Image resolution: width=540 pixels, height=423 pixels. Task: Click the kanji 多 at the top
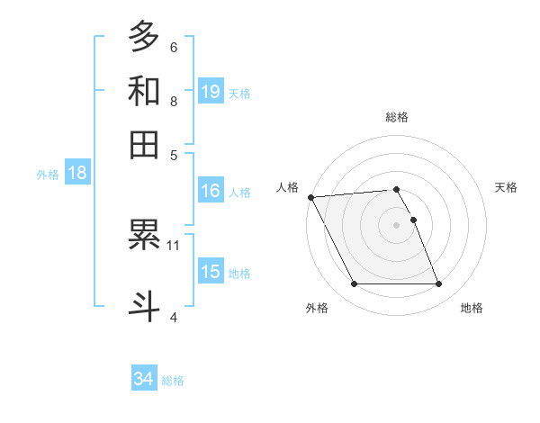click(144, 37)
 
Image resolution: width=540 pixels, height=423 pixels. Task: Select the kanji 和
click(144, 91)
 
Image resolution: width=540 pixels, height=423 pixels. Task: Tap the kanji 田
click(144, 145)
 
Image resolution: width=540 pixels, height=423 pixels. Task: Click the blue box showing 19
click(211, 91)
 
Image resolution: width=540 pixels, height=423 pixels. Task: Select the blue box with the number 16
click(211, 191)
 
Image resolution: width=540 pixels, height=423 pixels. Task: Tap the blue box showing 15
click(211, 272)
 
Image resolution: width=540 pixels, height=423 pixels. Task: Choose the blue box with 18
click(76, 174)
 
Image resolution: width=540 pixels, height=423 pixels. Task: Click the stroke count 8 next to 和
click(174, 101)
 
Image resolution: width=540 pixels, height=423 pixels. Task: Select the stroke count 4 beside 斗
click(174, 317)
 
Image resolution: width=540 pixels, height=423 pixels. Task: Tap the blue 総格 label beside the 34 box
click(173, 381)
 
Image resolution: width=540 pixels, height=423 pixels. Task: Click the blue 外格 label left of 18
click(47, 175)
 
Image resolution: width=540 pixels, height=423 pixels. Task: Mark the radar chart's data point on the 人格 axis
click(310, 197)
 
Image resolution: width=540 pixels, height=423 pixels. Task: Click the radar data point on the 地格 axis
click(438, 284)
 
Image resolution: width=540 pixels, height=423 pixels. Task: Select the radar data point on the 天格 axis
click(413, 220)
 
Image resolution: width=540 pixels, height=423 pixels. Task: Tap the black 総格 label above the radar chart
click(396, 117)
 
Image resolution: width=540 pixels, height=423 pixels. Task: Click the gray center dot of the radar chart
click(396, 225)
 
